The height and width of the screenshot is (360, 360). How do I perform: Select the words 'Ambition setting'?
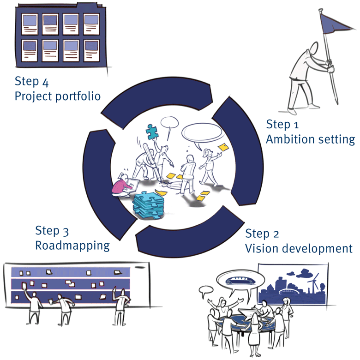(310, 139)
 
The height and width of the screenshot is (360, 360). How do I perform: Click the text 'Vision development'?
(299, 248)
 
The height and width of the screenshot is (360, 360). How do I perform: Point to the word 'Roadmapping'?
(72, 245)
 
